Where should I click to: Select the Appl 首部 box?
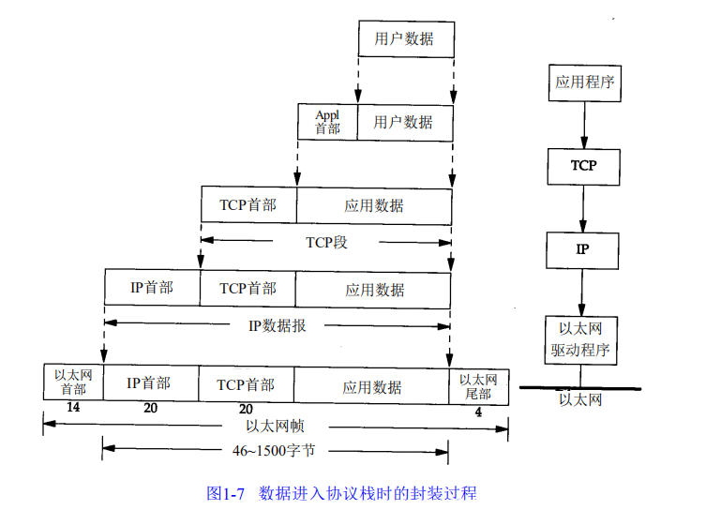pyautogui.click(x=327, y=122)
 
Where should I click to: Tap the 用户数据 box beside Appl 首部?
pyautogui.click(x=404, y=122)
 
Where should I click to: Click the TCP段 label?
pyautogui.click(x=326, y=242)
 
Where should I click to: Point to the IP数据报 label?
pyautogui.click(x=277, y=326)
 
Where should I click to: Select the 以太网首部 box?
pyautogui.click(x=72, y=382)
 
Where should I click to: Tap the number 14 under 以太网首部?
pyautogui.click(x=72, y=409)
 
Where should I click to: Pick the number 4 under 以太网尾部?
pyautogui.click(x=478, y=412)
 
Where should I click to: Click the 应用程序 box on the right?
pyautogui.click(x=582, y=82)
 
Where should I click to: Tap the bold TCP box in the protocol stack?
pyautogui.click(x=582, y=165)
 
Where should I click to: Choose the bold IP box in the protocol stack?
pyautogui.click(x=582, y=249)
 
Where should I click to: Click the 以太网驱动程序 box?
pyautogui.click(x=582, y=339)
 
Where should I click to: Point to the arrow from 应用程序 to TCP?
pyautogui.click(x=583, y=124)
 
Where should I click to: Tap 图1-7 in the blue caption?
pyautogui.click(x=226, y=492)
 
